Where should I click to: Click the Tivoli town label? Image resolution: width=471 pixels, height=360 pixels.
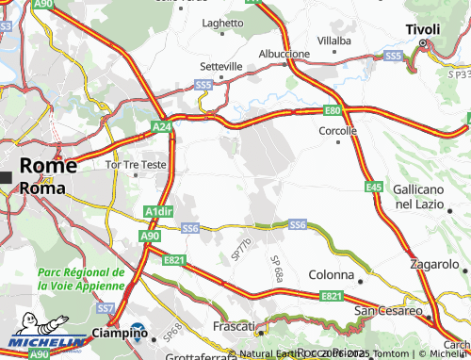423,30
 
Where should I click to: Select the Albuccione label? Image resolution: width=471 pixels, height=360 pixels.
284,54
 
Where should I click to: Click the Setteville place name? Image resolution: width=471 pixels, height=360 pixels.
221,67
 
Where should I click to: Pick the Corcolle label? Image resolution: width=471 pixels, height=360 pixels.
339,131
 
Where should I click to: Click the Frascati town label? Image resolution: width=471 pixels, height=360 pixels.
235,326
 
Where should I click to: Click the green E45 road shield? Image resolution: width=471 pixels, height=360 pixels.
374,188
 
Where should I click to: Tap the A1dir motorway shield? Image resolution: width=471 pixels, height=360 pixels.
159,212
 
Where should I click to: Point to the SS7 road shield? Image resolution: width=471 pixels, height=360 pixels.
106,308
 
